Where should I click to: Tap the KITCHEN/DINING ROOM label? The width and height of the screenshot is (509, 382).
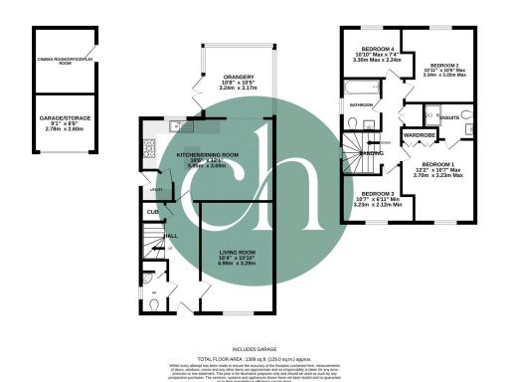tap(208, 156)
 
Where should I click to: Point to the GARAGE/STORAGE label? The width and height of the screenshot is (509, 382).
tap(65, 120)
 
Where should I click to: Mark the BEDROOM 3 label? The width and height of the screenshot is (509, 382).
tap(378, 193)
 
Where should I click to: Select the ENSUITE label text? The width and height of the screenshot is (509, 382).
tap(450, 115)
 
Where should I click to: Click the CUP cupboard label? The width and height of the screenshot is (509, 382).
tap(153, 212)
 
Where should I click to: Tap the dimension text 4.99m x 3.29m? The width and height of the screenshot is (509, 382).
tap(239, 265)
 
